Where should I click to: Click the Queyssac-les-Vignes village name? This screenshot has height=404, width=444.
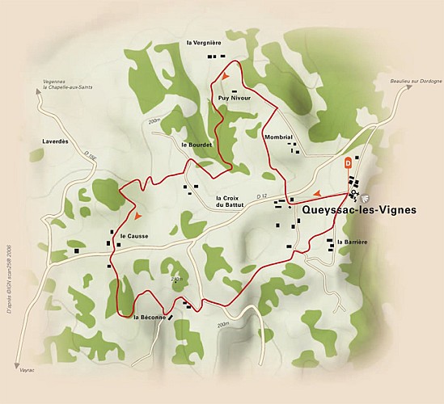tap(359, 209)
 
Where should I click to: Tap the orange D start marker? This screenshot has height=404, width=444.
tap(348, 162)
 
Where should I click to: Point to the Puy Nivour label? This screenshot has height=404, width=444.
tap(235, 98)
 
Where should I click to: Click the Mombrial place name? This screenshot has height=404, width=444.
tap(277, 138)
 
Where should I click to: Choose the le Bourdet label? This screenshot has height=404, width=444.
tap(197, 145)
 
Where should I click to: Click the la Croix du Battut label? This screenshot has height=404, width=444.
tap(230, 201)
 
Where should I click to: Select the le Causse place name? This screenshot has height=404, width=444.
tap(133, 236)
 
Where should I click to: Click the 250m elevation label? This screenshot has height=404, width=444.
tap(177, 280)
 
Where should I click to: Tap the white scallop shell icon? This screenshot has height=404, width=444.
tap(362, 196)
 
